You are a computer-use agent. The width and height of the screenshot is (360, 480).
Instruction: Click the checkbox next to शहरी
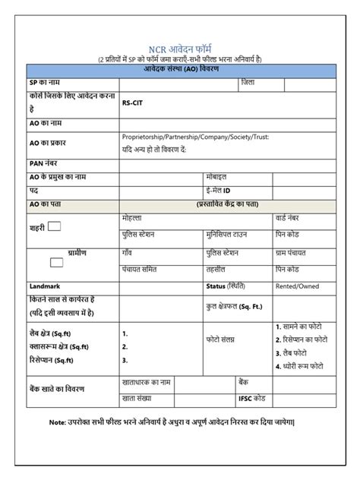click(x=55, y=226)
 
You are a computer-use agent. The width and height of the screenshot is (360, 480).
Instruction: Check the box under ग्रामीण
click(x=56, y=262)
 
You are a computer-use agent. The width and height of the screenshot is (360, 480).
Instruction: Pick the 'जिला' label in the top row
click(x=248, y=82)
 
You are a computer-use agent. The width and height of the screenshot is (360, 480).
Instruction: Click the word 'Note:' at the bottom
click(x=58, y=422)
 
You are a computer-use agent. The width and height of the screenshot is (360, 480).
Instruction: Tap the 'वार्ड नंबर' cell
click(x=292, y=217)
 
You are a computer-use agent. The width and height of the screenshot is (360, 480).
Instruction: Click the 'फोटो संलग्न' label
click(x=225, y=341)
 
